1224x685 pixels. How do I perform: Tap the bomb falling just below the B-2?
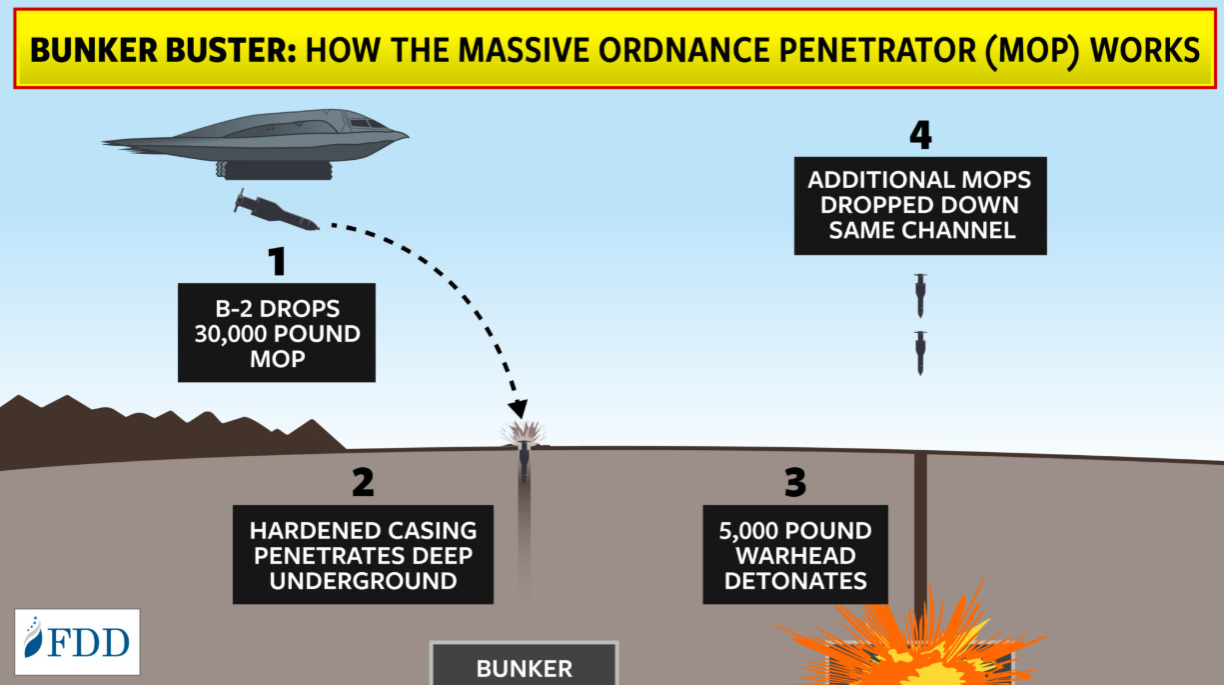[275, 213]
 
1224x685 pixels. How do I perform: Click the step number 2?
[362, 482]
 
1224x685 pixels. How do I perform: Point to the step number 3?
[794, 482]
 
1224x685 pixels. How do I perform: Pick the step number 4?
[920, 134]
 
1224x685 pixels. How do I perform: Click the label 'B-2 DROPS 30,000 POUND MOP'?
[277, 332]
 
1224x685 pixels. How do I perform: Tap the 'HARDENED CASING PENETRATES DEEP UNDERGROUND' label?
[363, 555]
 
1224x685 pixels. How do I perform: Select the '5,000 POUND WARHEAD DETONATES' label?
[795, 555]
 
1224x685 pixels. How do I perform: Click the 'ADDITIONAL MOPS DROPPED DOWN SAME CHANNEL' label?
[920, 205]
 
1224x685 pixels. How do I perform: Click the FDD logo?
[77, 641]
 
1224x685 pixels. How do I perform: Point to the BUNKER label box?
[524, 666]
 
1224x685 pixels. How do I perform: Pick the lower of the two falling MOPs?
[919, 351]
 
